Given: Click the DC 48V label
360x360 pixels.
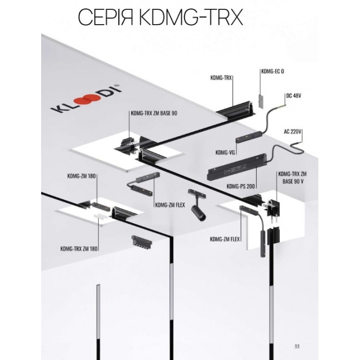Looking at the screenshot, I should tap(292, 96).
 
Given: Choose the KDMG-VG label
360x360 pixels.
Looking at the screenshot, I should tap(225, 152).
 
